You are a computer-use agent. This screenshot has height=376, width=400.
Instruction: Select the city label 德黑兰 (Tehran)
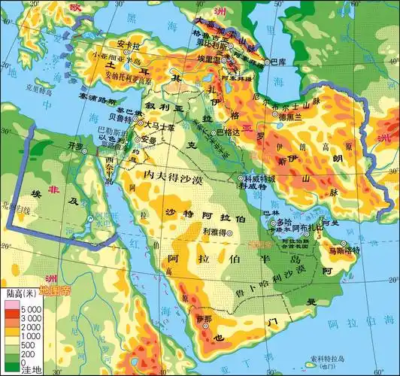tap(291, 117)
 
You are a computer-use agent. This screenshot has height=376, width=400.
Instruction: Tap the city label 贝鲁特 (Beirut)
tap(123, 118)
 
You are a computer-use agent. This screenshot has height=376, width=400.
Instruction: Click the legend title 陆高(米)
tap(23, 293)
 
